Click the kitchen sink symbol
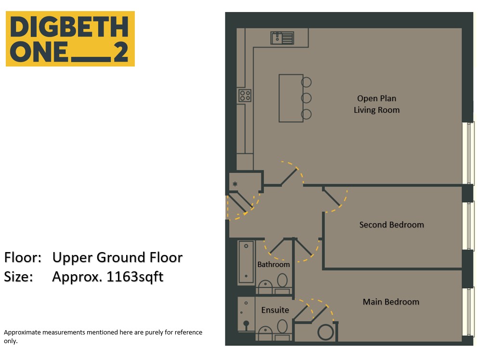tap(282, 38)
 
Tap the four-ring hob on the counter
tap(245, 95)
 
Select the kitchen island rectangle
tap(291, 98)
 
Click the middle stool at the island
tap(306, 98)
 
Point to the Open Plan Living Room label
tap(376, 104)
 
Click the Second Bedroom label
tap(391, 225)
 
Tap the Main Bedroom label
tap(391, 302)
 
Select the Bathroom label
tap(273, 265)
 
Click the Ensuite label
tap(275, 310)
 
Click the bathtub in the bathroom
tap(246, 263)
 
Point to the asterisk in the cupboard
tap(235, 184)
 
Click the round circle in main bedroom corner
tap(326, 333)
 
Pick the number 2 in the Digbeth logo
tap(121, 52)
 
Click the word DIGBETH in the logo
tap(69, 27)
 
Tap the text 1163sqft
tap(135, 277)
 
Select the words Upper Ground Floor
tap(117, 258)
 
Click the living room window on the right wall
tap(468, 153)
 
